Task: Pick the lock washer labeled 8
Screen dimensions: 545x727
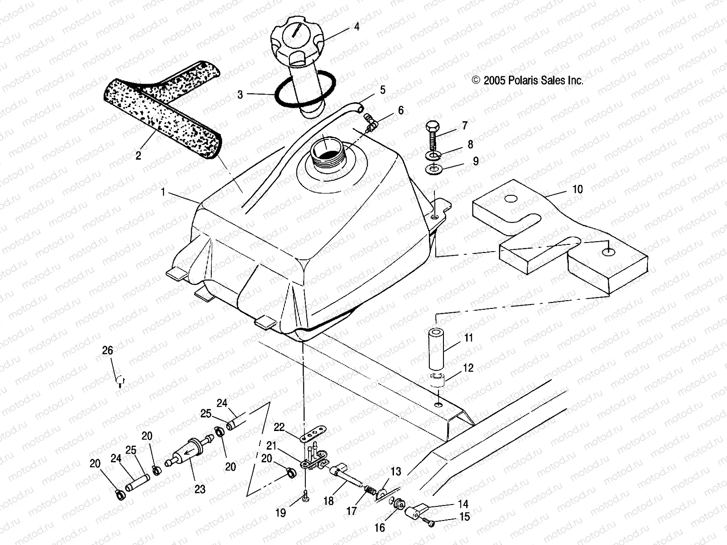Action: point(433,156)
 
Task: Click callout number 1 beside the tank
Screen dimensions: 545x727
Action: point(163,193)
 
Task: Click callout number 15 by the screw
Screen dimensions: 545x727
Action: point(464,517)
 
